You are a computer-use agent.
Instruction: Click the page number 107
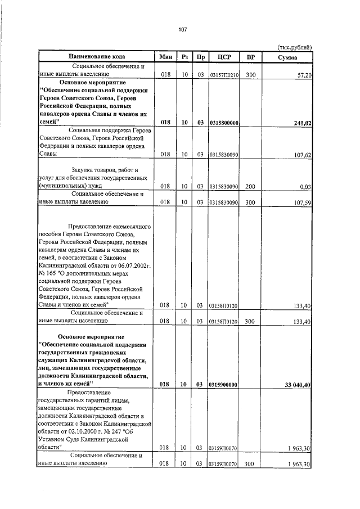(183, 29)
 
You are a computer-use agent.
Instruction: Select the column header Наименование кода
(97, 57)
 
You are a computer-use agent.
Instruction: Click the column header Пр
(200, 57)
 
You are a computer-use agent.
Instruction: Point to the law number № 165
(48, 269)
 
